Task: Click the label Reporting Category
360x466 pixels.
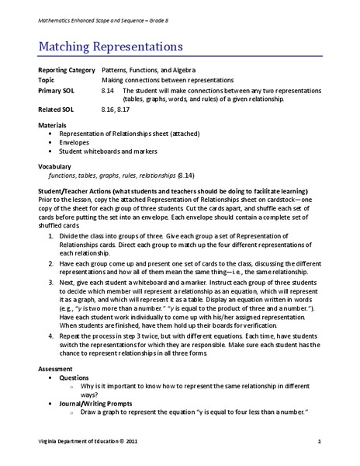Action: coord(64,70)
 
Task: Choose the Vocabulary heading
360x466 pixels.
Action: coord(57,166)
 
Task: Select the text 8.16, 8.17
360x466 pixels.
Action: coord(117,110)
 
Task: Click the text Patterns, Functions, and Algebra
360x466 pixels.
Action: coord(151,70)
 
